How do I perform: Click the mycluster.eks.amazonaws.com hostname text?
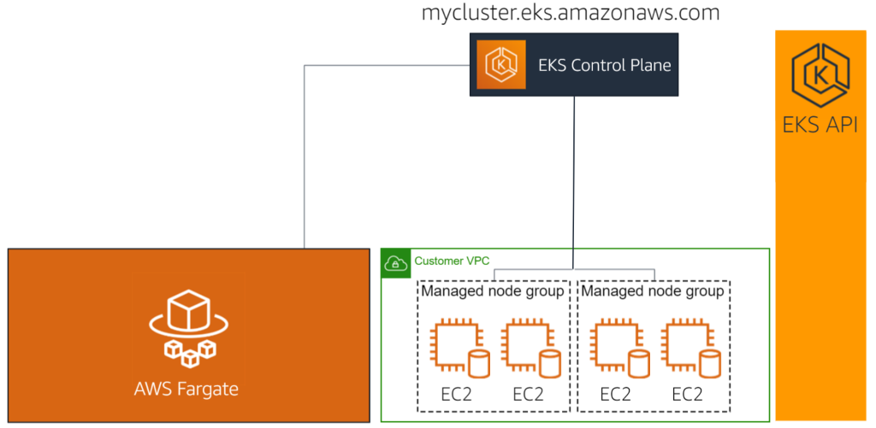pyautogui.click(x=571, y=13)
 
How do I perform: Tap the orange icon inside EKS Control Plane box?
pyautogui.click(x=498, y=64)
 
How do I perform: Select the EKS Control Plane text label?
pyautogui.click(x=604, y=65)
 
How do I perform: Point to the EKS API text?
pyautogui.click(x=820, y=126)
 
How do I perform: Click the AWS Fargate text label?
pyautogui.click(x=186, y=390)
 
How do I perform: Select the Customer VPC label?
pyautogui.click(x=452, y=261)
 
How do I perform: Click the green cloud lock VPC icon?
pyautogui.click(x=394, y=263)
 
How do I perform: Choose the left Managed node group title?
pyautogui.click(x=493, y=291)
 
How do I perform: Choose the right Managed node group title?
pyautogui.click(x=653, y=291)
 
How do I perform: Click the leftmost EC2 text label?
pyautogui.click(x=454, y=395)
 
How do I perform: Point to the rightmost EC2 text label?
pyautogui.click(x=687, y=395)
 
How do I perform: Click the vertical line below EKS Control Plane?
pyautogui.click(x=574, y=171)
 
